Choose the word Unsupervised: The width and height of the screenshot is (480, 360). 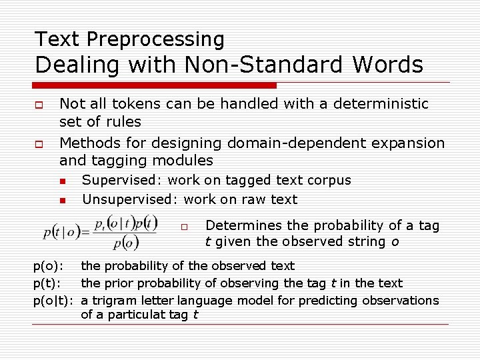click(130, 199)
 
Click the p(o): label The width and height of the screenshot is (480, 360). click(49, 267)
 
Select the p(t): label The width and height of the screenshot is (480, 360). click(48, 283)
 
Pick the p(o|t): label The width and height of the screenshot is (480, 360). click(54, 300)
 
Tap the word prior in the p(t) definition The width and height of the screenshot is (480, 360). click(119, 283)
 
